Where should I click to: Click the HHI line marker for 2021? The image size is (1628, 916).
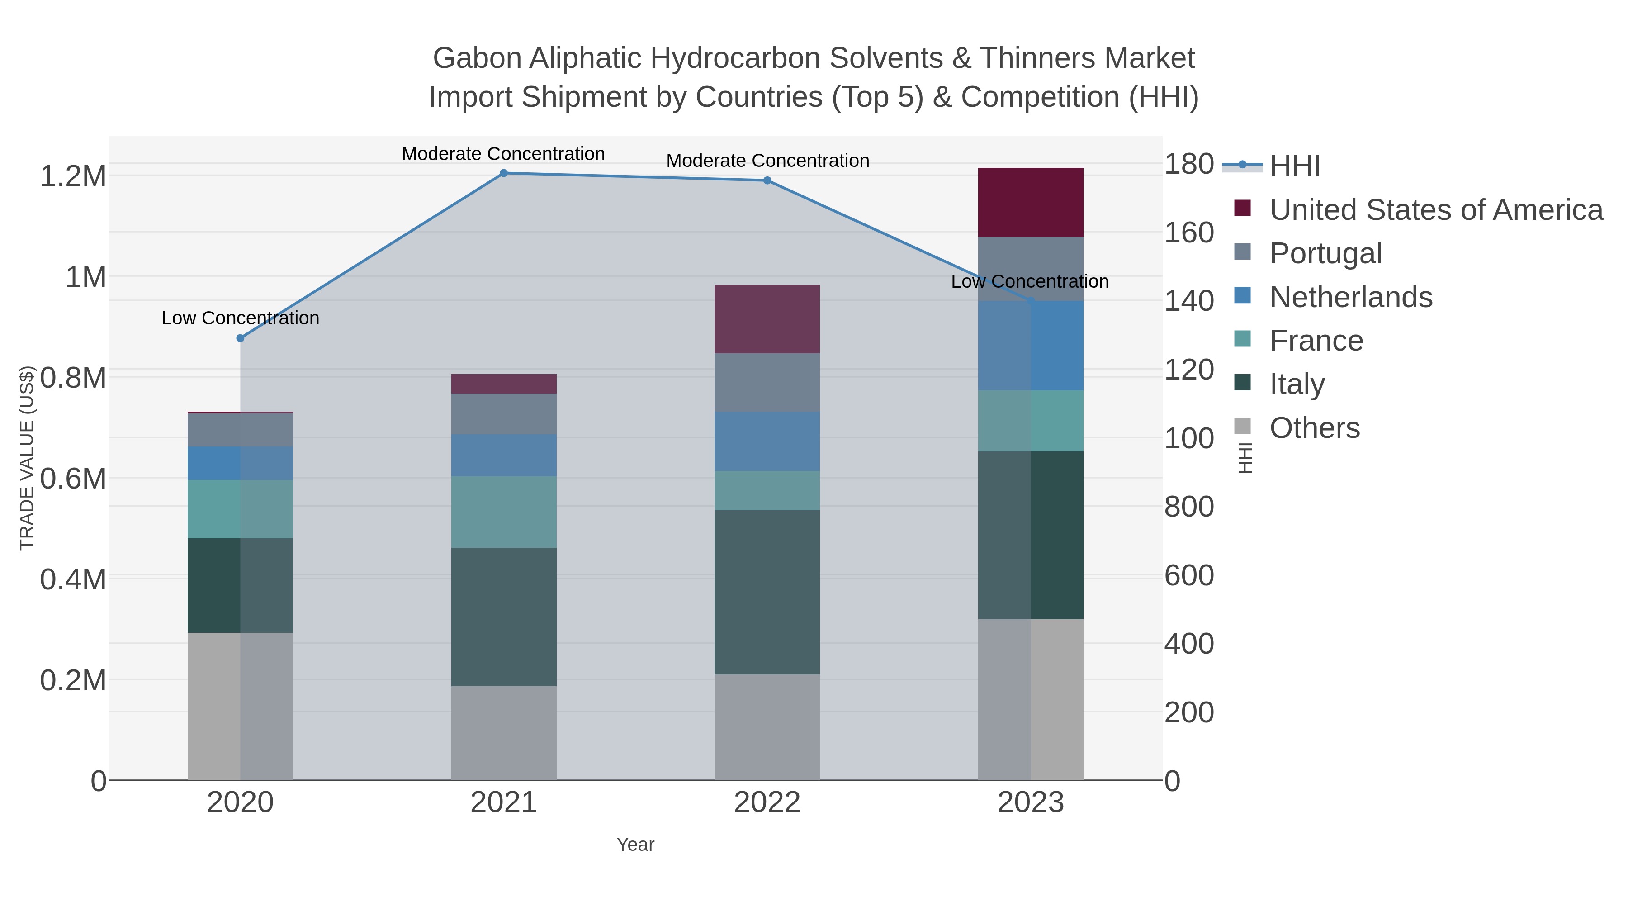(504, 173)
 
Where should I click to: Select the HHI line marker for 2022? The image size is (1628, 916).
(767, 181)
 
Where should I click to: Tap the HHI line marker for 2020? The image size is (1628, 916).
(240, 338)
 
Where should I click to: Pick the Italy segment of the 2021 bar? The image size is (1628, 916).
(504, 617)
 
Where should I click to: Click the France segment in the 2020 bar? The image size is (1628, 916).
(240, 509)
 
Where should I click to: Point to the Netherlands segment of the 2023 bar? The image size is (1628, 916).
(1030, 346)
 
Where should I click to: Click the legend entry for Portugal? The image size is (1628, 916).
(1325, 253)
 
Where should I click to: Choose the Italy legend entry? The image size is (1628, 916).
(1297, 384)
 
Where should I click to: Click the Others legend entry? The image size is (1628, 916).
(1315, 428)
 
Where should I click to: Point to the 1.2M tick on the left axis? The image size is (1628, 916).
(73, 176)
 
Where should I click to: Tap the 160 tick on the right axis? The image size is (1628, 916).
(1189, 233)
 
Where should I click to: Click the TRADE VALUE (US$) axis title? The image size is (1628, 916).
(27, 458)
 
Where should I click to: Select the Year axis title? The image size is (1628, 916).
(635, 845)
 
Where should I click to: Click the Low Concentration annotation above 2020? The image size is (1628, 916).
(240, 318)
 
